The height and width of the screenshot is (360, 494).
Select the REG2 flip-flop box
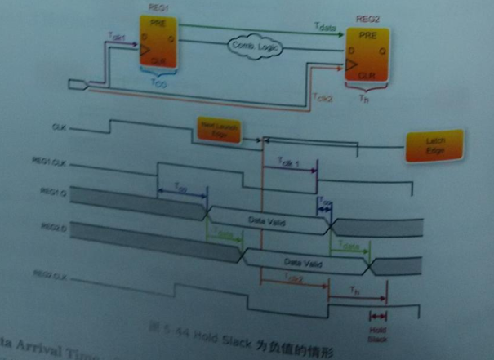367,58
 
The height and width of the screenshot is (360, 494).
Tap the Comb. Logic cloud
252,47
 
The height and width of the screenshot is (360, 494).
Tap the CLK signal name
60,127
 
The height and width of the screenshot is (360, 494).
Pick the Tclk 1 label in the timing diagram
289,162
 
